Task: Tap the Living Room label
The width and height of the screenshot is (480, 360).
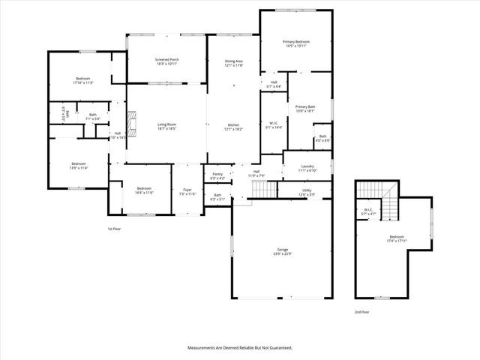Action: pos(166,126)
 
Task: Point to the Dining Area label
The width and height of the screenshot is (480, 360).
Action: pos(234,63)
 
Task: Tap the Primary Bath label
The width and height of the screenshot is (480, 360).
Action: pos(305,109)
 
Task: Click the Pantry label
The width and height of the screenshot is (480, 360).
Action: pos(217,175)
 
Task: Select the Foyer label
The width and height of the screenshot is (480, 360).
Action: pos(187,191)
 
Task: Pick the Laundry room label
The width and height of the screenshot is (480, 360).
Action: pos(307,168)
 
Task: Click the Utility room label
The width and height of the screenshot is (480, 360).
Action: pos(306,192)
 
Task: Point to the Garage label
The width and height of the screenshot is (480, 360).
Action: pos(283,251)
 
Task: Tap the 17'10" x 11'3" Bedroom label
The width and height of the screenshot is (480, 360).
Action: pos(82,80)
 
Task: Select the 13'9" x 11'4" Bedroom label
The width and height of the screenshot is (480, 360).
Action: pos(79,166)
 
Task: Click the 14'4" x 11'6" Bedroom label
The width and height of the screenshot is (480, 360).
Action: pos(145,190)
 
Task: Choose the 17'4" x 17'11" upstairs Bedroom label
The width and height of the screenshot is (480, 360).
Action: pos(397,238)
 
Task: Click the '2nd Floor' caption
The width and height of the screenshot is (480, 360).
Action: pos(362,310)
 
